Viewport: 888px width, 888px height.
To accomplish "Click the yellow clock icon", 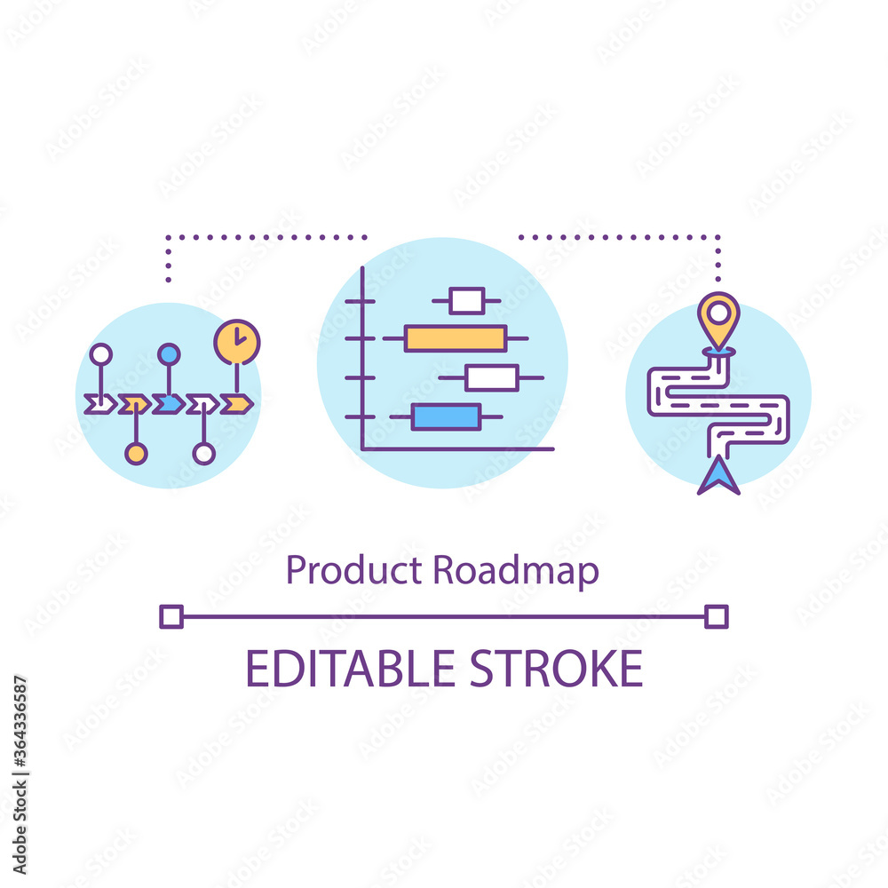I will [x=237, y=342].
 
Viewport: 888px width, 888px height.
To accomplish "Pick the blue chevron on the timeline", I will [x=168, y=404].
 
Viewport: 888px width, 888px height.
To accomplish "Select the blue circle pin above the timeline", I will [x=169, y=354].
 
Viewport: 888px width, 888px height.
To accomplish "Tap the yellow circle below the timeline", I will [x=135, y=454].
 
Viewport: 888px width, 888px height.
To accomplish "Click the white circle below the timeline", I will [x=203, y=454].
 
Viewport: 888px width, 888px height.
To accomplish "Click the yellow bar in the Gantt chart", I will [x=456, y=338].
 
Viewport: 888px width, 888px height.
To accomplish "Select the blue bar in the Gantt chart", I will [x=446, y=416].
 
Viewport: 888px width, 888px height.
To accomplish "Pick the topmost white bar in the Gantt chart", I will [x=467, y=301].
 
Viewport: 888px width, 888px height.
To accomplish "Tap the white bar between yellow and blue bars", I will [x=492, y=377].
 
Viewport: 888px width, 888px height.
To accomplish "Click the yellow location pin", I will [x=718, y=318].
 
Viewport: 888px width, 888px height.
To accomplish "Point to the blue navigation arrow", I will [x=718, y=477].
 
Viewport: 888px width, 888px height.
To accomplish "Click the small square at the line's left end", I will [x=170, y=616].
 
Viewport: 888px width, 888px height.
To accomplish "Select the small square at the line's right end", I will [x=717, y=616].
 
